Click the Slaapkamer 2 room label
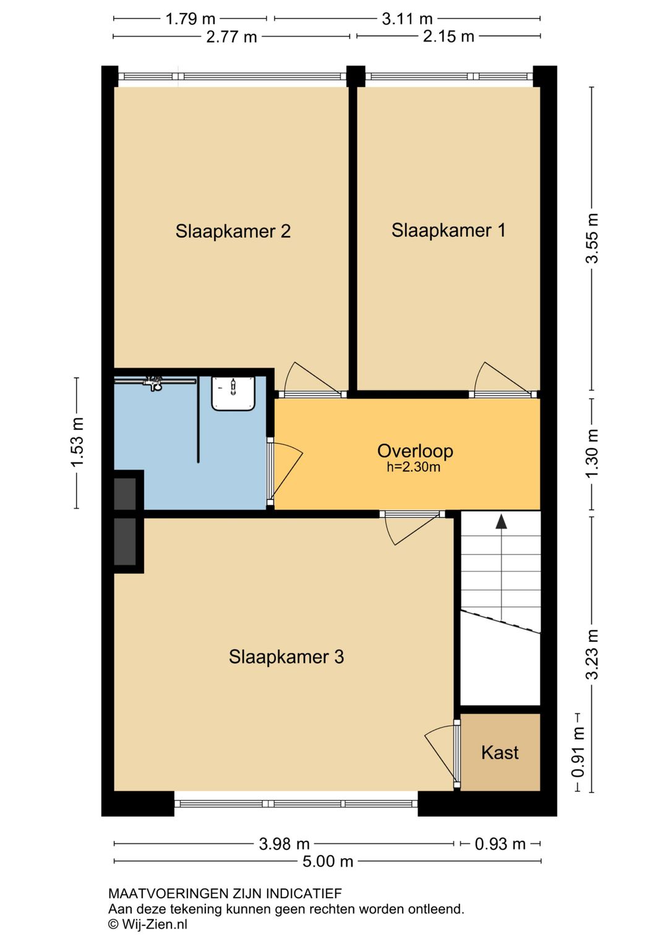pyautogui.click(x=233, y=231)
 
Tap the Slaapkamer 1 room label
pyautogui.click(x=448, y=231)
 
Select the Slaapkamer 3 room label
pyautogui.click(x=286, y=657)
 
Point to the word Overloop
pyautogui.click(x=415, y=451)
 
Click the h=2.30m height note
pyautogui.click(x=414, y=467)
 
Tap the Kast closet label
pyautogui.click(x=500, y=753)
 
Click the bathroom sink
pyautogui.click(x=233, y=394)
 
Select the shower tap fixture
pyautogui.click(x=153, y=383)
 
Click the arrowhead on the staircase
pyautogui.click(x=501, y=521)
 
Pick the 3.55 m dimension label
pyautogui.click(x=592, y=239)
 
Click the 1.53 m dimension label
pyautogui.click(x=77, y=443)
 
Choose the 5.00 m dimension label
pyautogui.click(x=328, y=861)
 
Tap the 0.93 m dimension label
pyautogui.click(x=500, y=844)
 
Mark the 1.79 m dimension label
pyautogui.click(x=191, y=19)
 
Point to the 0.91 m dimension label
pyautogui.click(x=578, y=752)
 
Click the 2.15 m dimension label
pyautogui.click(x=448, y=36)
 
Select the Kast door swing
pyautogui.click(x=441, y=753)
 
